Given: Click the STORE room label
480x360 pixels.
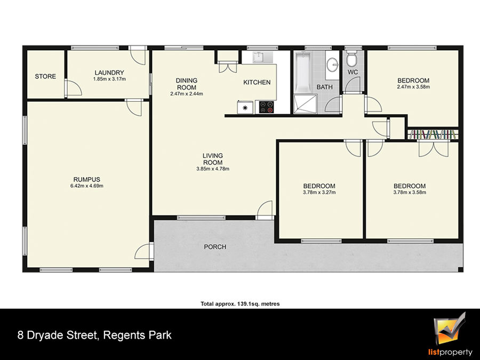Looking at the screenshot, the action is (45, 76).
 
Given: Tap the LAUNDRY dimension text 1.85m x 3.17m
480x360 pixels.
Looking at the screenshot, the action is (109, 79).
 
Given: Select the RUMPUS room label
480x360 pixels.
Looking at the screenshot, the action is (86, 179).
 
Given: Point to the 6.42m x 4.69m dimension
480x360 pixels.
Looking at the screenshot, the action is (86, 186).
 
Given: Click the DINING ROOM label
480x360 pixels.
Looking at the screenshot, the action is (187, 84).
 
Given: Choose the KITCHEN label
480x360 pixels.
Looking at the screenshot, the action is (257, 82).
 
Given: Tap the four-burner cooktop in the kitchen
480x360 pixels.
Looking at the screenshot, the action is (266, 107).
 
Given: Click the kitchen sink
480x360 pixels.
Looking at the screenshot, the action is (259, 57).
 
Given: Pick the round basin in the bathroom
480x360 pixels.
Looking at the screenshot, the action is (332, 65).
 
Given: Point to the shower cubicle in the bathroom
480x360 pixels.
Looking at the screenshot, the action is (305, 104).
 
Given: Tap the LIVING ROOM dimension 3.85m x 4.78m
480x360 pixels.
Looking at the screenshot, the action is (213, 169).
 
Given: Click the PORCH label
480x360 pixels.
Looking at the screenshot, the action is (215, 247).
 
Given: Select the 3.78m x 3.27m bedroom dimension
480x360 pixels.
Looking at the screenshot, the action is (319, 193).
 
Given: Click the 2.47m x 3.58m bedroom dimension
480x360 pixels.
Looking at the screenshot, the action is (413, 86).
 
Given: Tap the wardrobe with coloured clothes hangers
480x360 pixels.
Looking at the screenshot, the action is (433, 134).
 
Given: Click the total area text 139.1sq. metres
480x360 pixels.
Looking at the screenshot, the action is (258, 304).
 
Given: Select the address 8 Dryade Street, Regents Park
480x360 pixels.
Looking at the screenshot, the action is (94, 335).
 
